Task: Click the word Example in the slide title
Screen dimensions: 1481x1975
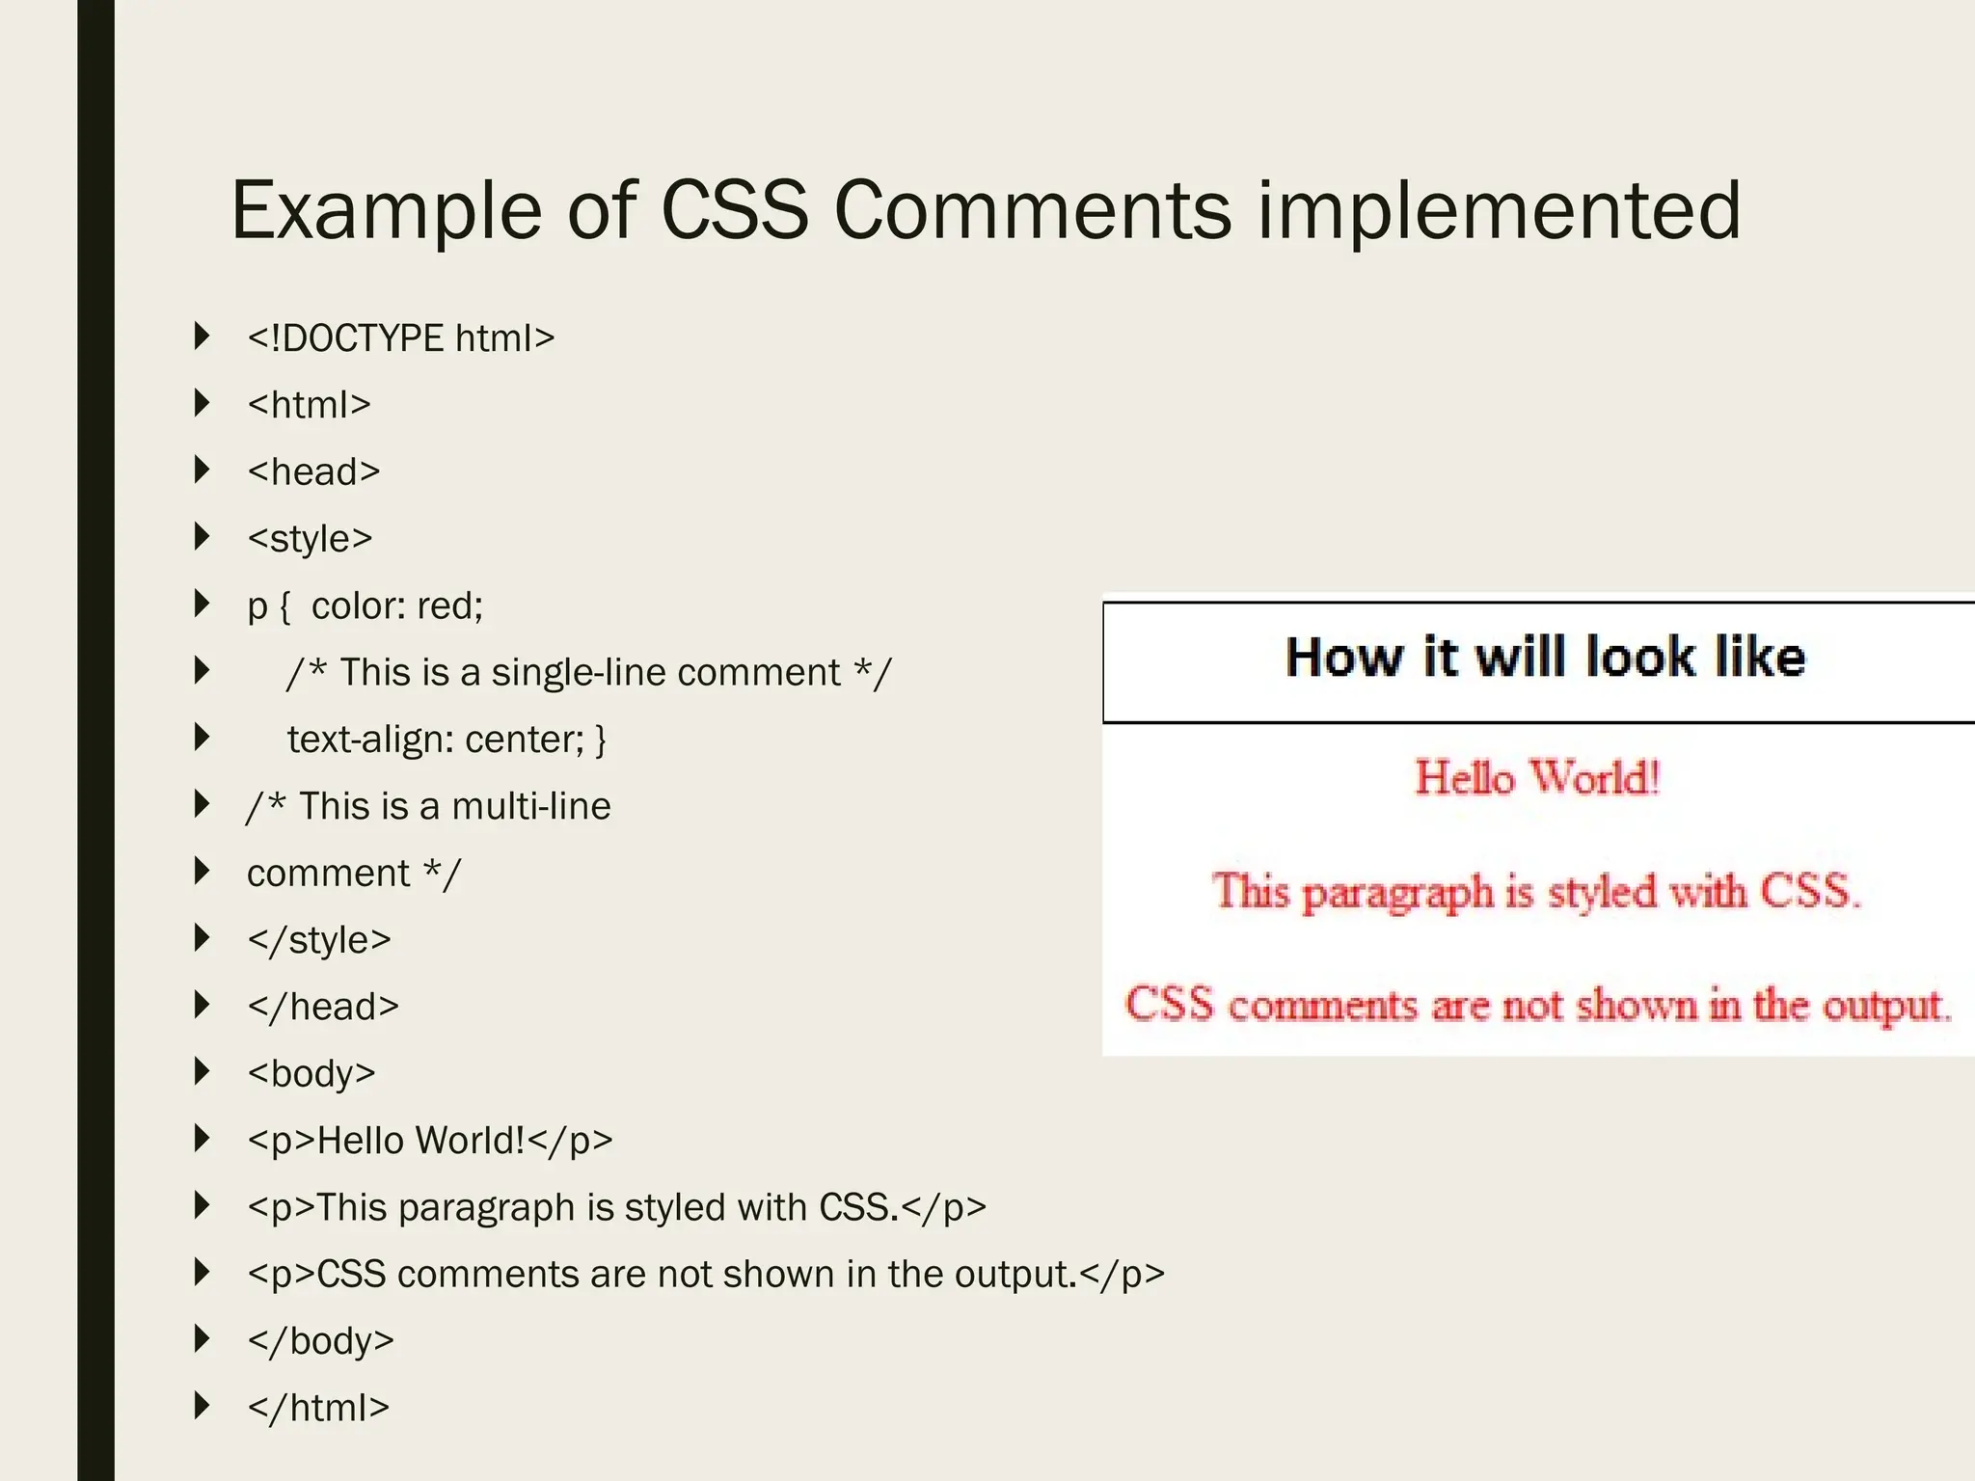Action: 386,210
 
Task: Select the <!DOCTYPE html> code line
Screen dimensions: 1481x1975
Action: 400,338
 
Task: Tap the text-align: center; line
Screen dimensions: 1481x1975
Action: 446,740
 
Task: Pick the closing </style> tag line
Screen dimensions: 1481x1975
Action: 319,940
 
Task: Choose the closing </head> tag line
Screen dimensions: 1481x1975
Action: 323,1007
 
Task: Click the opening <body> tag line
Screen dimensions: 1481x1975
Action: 311,1073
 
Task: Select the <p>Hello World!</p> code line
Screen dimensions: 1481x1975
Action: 430,1141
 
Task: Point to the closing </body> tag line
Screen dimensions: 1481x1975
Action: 320,1341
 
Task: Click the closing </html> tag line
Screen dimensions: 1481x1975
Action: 318,1408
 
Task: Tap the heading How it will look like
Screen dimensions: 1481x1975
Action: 1545,658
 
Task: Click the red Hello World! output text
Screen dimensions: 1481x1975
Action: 1537,777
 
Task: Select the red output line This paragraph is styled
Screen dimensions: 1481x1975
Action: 1536,891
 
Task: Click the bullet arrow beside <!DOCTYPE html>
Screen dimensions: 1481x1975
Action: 202,337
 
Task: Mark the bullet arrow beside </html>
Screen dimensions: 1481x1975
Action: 202,1406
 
